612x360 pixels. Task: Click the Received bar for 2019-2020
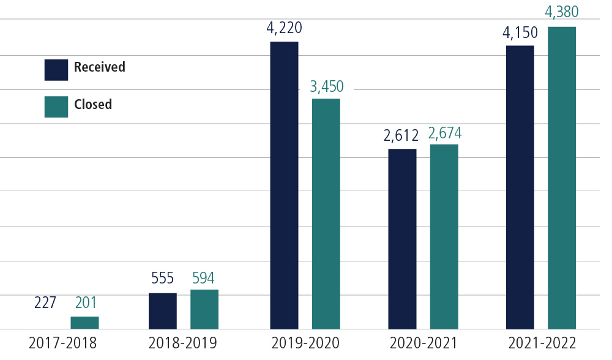[x=284, y=185]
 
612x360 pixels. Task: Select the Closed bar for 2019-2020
[x=326, y=214]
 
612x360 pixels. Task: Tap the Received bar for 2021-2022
[x=520, y=187]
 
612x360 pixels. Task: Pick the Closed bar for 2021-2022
[x=561, y=178]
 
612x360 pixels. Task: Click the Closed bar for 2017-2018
[x=84, y=323]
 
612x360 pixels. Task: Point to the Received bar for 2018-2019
[x=162, y=311]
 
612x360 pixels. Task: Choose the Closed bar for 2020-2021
[x=444, y=236]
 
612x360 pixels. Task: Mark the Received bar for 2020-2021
[x=402, y=239]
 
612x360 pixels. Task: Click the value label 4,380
[x=561, y=12]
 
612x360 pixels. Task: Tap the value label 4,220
[x=284, y=28]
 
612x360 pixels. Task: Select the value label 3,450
[x=327, y=86]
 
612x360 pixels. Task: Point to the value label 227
[x=45, y=302]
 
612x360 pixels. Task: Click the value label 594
[x=203, y=279]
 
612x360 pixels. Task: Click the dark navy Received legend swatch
[x=56, y=69]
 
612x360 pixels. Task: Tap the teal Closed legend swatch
[x=56, y=106]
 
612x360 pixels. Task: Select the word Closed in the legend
[x=93, y=105]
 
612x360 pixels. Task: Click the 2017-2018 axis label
[x=62, y=343]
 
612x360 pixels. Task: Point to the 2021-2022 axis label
[x=542, y=343]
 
